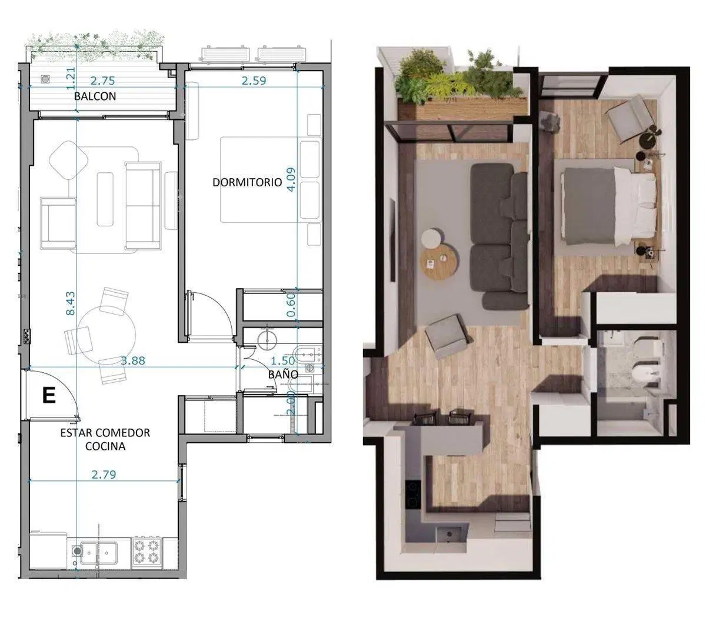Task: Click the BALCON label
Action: (x=95, y=96)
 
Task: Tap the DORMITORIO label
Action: (x=247, y=182)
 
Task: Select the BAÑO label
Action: (x=283, y=374)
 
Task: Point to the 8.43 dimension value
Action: (x=71, y=303)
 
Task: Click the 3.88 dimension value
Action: (x=133, y=360)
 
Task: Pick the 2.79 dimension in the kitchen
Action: (x=104, y=474)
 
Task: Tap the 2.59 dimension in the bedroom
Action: (x=254, y=81)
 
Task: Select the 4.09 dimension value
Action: (x=291, y=179)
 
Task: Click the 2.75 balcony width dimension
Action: (x=102, y=81)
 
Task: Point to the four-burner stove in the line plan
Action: (x=146, y=552)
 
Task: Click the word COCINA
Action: (x=105, y=446)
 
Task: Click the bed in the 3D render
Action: (x=604, y=207)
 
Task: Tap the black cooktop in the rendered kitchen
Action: (x=412, y=494)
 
